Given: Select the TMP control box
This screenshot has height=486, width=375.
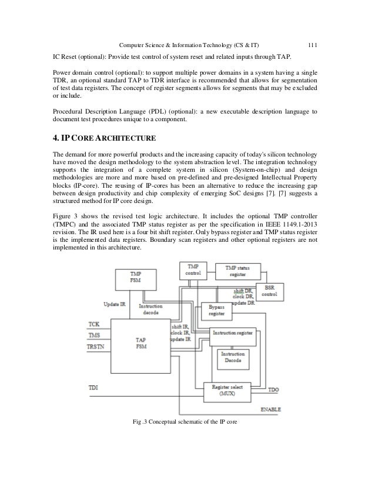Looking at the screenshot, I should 193,271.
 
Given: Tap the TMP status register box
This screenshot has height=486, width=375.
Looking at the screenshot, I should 238,272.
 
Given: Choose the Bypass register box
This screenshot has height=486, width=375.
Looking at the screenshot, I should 216,311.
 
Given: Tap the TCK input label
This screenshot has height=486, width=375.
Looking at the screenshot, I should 93,324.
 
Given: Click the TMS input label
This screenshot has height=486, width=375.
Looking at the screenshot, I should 94,335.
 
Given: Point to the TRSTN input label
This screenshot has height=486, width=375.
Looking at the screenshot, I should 97,347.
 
